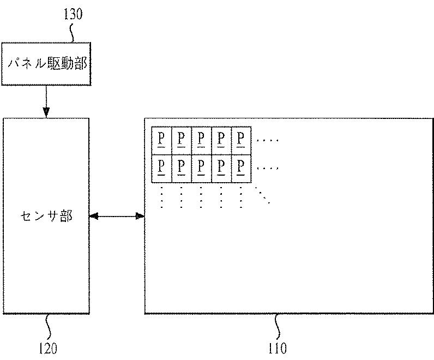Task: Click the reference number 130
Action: point(73,14)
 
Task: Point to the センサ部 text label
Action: point(46,217)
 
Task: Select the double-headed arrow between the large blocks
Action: point(117,217)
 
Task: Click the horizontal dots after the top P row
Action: point(267,141)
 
